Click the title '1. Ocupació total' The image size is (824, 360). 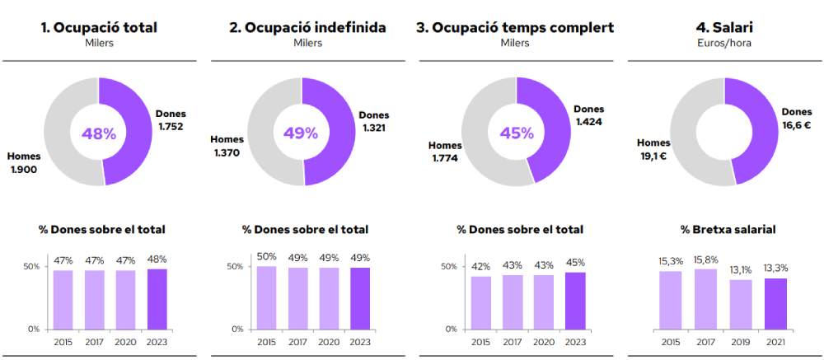point(99,28)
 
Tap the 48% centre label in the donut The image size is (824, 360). point(98,133)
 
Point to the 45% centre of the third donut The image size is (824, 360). point(516,133)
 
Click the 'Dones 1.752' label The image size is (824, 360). point(171,120)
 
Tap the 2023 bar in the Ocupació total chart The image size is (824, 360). point(157,298)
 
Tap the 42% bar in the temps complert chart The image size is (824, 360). point(481,302)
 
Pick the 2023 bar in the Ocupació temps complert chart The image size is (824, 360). point(574,300)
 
